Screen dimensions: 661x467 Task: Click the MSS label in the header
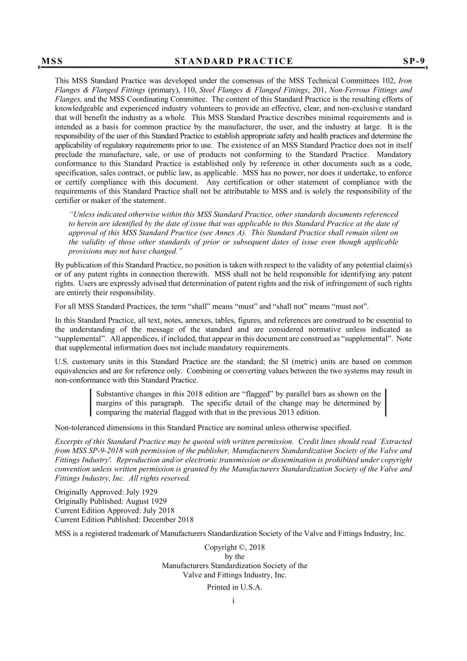(x=52, y=61)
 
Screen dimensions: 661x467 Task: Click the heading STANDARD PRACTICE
(x=234, y=61)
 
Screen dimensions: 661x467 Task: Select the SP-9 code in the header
(x=413, y=61)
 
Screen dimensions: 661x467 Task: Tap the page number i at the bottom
(x=233, y=600)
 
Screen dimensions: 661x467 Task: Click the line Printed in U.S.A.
(x=234, y=587)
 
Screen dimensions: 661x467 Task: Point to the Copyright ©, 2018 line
(x=234, y=547)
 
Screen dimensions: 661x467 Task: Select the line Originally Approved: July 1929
(x=106, y=492)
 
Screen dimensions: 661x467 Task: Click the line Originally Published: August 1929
(x=111, y=501)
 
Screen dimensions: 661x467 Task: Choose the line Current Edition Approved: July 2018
(x=115, y=511)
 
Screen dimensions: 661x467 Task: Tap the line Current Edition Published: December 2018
(x=124, y=519)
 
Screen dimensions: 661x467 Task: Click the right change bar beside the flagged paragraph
(x=385, y=403)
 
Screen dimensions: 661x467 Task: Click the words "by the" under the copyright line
(x=234, y=556)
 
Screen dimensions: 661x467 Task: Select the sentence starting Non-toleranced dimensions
(x=203, y=428)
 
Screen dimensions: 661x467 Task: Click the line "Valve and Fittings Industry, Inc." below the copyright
(x=234, y=575)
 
